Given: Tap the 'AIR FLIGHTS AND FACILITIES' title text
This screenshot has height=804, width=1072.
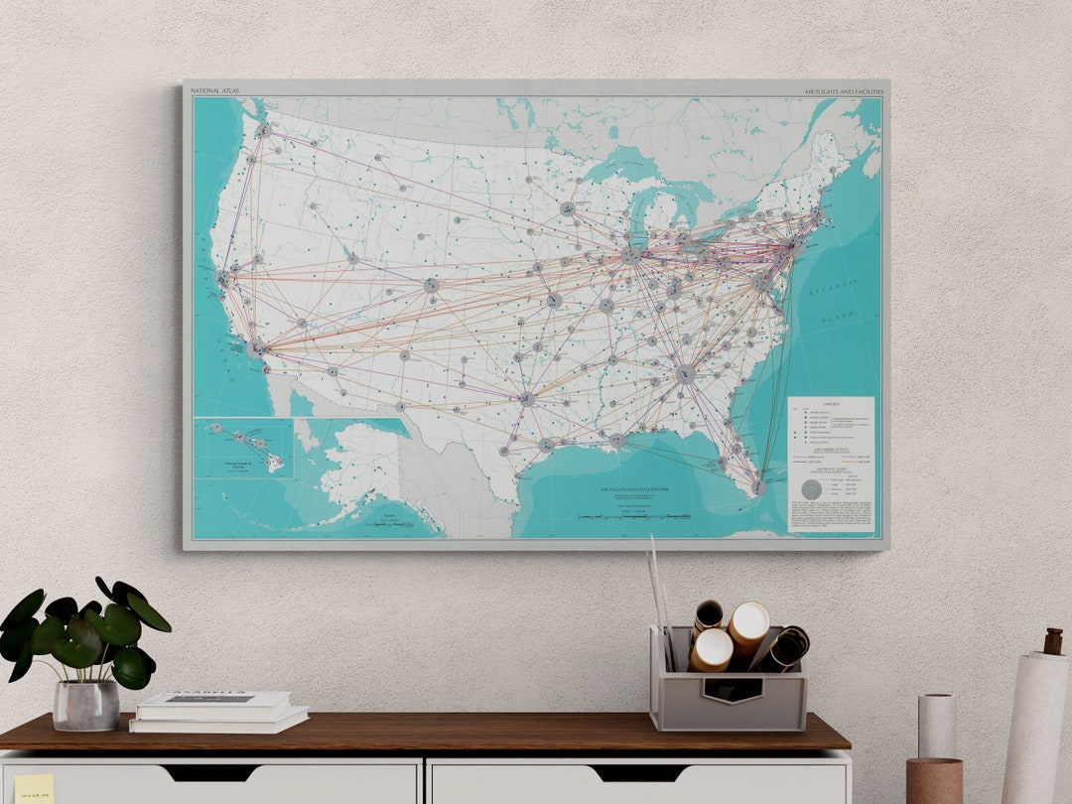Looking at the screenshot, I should click(843, 91).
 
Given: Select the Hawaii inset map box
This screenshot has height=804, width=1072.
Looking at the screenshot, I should click(243, 448).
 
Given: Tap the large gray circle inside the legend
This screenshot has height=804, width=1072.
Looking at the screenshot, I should click(811, 489).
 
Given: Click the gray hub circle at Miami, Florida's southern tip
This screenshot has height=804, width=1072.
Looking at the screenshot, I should click(758, 487).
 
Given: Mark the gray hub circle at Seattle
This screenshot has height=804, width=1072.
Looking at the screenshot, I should click(262, 130).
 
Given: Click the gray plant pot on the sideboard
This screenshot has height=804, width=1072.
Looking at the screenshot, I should click(86, 705).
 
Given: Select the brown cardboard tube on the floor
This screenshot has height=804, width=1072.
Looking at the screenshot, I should click(933, 780).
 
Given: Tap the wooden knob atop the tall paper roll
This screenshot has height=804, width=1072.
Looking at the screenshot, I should click(1053, 641).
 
